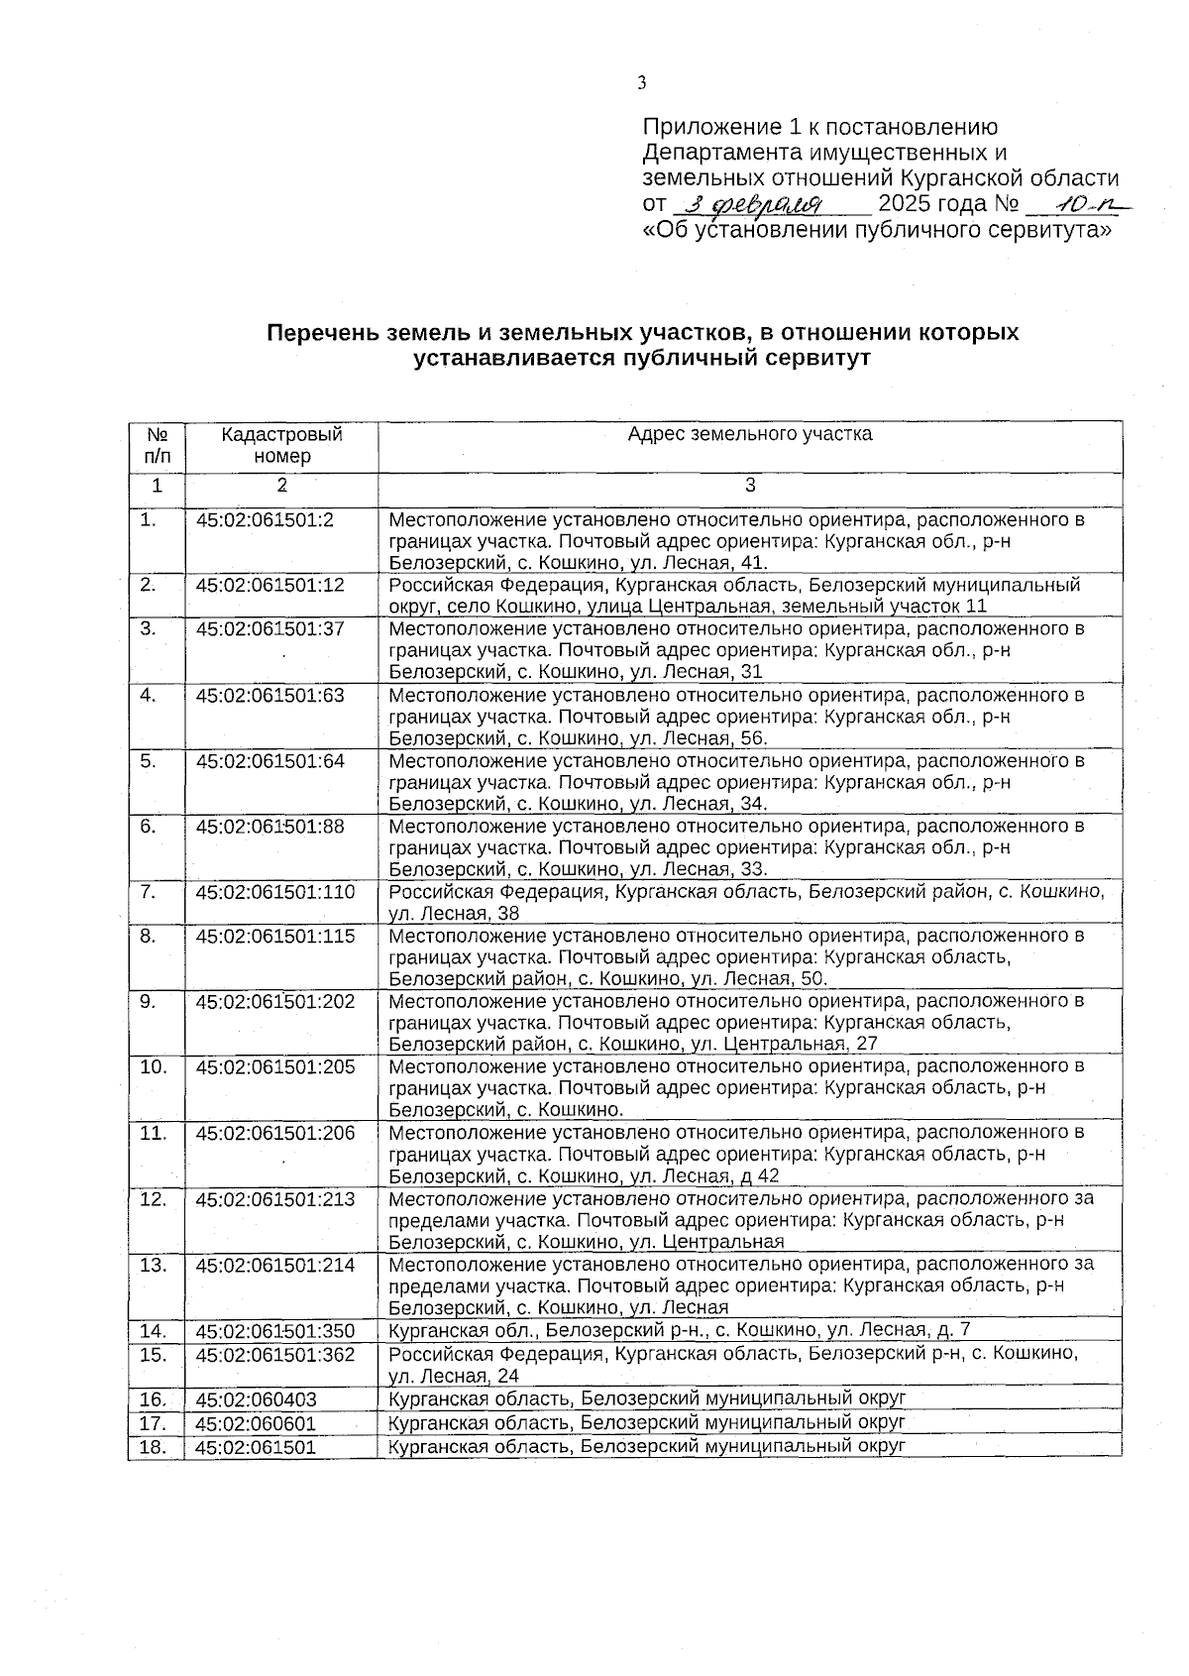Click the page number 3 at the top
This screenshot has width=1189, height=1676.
click(x=642, y=82)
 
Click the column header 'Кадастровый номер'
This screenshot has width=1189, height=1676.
click(x=281, y=445)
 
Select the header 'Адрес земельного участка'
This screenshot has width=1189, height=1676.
click(x=750, y=434)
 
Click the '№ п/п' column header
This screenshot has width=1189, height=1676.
click(x=157, y=445)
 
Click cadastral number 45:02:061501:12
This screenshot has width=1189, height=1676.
click(x=270, y=585)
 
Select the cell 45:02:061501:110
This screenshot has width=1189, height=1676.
click(x=274, y=892)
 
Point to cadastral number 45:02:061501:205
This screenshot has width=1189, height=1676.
click(x=274, y=1067)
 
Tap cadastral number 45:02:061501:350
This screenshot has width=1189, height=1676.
click(x=274, y=1331)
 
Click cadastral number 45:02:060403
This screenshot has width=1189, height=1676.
click(x=256, y=1399)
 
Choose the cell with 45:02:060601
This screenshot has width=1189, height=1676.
click(x=256, y=1423)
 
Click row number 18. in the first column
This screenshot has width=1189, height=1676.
click(x=152, y=1447)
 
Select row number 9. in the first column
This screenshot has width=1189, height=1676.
click(x=148, y=1001)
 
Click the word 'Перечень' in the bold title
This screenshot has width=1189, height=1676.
click(x=316, y=333)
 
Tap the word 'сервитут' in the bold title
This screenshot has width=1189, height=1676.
click(x=821, y=359)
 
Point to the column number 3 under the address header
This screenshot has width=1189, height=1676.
click(x=750, y=486)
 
